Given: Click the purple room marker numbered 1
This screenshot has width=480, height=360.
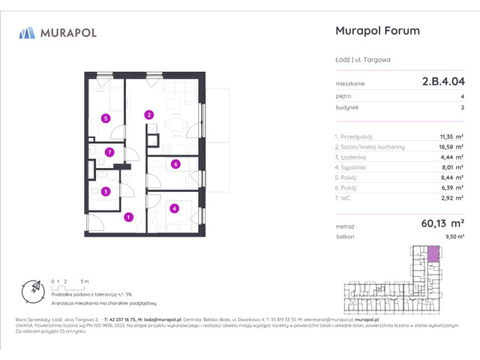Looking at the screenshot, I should pyautogui.click(x=128, y=217).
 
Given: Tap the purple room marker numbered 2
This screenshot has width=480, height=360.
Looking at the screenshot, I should pyautogui.click(x=149, y=115).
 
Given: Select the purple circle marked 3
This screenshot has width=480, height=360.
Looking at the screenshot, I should pyautogui.click(x=106, y=191).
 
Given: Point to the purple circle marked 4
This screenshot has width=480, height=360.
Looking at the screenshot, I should pyautogui.click(x=174, y=208).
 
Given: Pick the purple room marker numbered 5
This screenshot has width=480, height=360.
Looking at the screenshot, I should pyautogui.click(x=106, y=118).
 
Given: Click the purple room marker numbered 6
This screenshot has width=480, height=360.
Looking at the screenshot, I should pyautogui.click(x=175, y=164).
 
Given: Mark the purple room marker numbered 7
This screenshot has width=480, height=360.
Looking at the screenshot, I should pyautogui.click(x=109, y=152).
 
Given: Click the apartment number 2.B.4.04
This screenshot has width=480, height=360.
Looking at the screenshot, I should pyautogui.click(x=442, y=83).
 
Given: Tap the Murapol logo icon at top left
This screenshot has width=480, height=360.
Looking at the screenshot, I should pyautogui.click(x=27, y=32).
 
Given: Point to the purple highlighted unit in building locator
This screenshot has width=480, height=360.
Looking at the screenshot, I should pyautogui.click(x=433, y=253).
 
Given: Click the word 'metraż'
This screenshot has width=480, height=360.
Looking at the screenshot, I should pyautogui.click(x=343, y=224).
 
